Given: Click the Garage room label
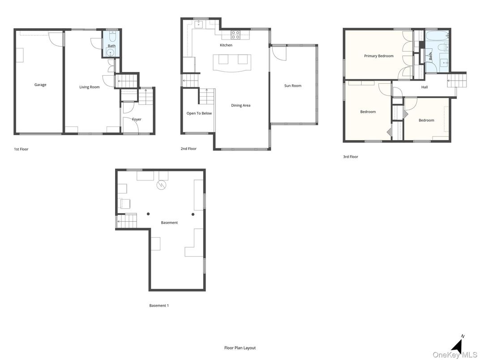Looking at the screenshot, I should [x=40, y=85].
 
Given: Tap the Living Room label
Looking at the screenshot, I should [x=90, y=87].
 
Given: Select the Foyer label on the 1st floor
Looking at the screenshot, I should [x=137, y=119].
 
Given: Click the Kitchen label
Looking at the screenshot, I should [x=226, y=45].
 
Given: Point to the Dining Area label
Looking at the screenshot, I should [x=240, y=105].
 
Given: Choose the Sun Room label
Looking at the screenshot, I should [x=293, y=86].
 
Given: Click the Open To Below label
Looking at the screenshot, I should [x=199, y=113].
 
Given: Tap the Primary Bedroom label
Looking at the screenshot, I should [x=379, y=56].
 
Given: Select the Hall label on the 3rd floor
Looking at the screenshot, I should [x=424, y=87].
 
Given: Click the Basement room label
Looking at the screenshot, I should [x=169, y=223].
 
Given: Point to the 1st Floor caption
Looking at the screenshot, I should [x=21, y=149].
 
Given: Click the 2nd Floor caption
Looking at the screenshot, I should [x=189, y=149].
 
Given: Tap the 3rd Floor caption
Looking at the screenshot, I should [x=351, y=157].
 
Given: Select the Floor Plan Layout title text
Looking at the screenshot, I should [x=240, y=347].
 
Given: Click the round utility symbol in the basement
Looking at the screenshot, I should [x=161, y=184].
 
